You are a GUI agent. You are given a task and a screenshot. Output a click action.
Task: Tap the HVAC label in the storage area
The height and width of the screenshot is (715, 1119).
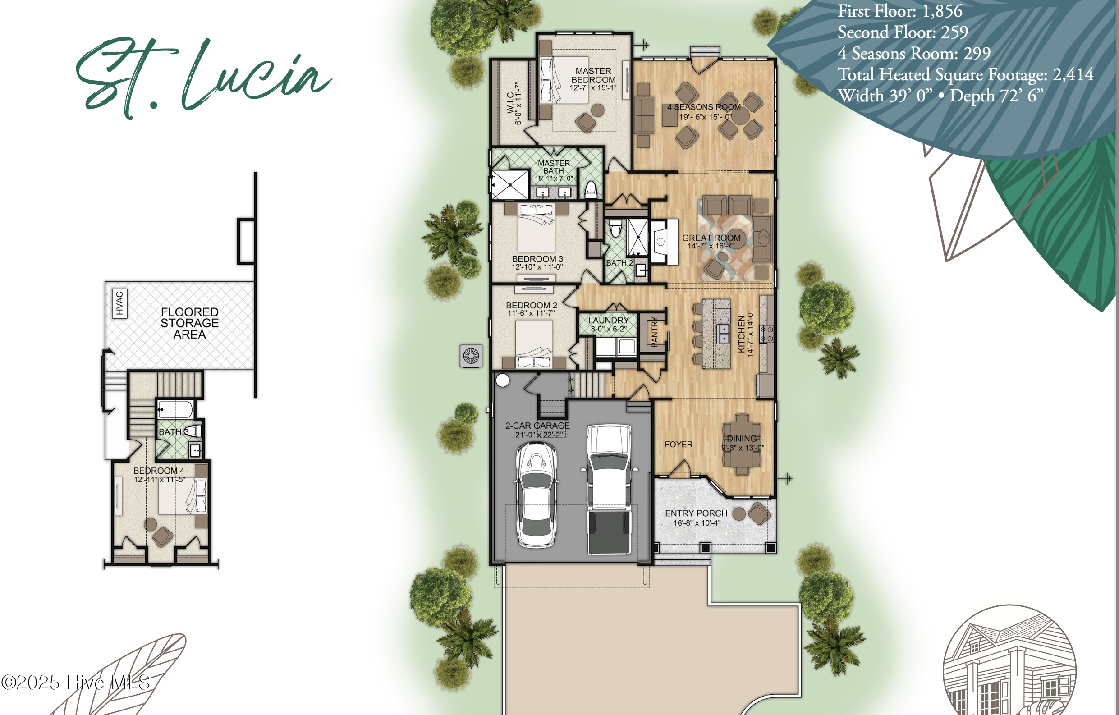click(x=119, y=303)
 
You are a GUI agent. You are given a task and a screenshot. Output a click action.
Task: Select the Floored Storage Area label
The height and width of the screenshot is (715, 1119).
click(x=190, y=323)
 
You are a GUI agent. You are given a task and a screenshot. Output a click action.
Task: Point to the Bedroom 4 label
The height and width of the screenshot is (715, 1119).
click(x=159, y=471)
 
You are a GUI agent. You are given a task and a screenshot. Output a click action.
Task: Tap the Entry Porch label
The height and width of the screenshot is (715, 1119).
click(x=696, y=513)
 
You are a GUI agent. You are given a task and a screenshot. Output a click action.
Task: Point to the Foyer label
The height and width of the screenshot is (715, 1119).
click(x=679, y=445)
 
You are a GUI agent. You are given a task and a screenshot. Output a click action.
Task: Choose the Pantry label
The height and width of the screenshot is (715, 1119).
click(x=654, y=332)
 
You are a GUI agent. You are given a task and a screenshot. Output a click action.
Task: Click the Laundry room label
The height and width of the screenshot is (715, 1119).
click(x=608, y=320)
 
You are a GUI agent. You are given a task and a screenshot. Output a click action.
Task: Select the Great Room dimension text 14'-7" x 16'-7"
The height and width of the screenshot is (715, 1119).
click(x=711, y=246)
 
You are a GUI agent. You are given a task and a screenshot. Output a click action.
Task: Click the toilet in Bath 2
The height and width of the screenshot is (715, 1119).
click(x=616, y=228)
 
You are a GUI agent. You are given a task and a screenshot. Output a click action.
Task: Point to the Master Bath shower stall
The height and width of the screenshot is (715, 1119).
click(x=510, y=184)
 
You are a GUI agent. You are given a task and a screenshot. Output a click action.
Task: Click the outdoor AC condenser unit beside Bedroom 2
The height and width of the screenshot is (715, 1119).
click(x=471, y=356)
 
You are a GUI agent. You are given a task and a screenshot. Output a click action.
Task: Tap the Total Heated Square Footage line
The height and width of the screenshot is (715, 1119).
click(x=966, y=74)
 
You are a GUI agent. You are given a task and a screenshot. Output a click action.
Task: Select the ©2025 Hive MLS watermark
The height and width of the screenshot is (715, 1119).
click(x=75, y=683)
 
